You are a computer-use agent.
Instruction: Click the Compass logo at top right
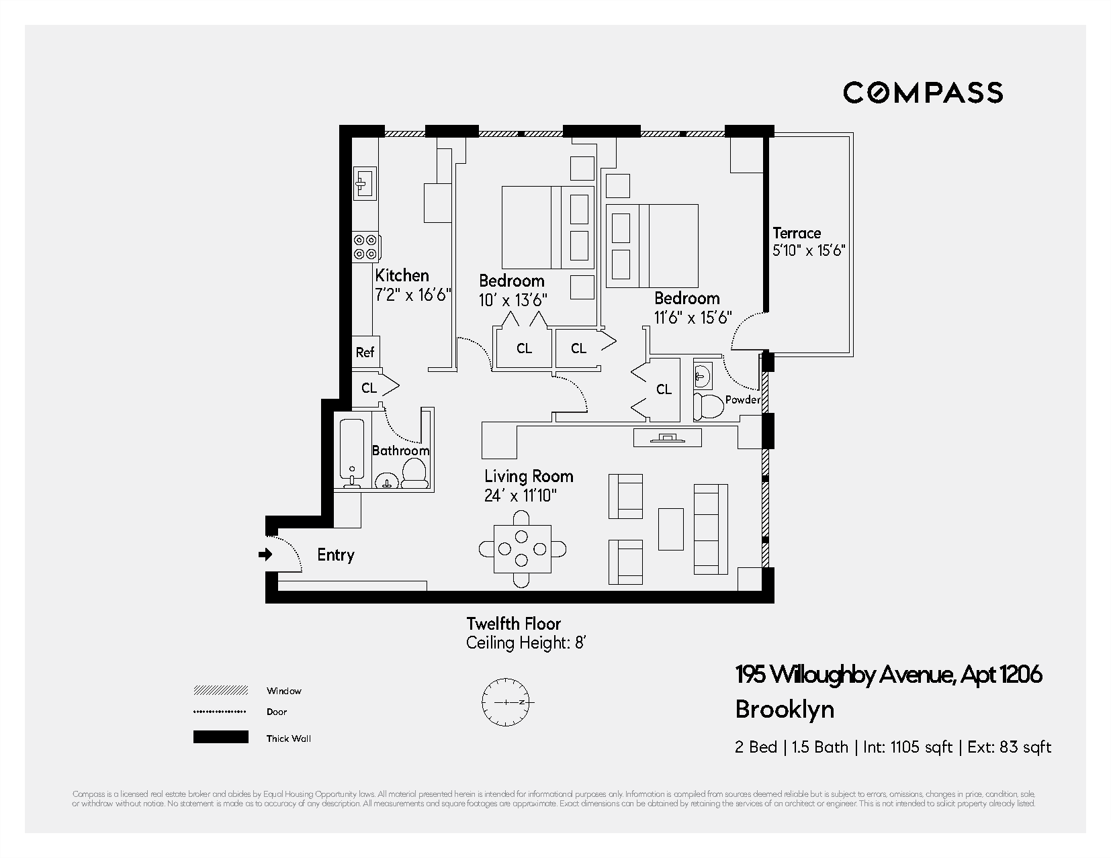923,93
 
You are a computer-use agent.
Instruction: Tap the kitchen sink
365,182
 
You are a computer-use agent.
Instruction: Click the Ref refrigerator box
365,352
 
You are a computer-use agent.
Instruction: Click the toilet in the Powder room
707,407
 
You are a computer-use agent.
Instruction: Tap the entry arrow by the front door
266,555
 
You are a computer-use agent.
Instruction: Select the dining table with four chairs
522,549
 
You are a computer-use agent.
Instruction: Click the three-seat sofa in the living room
710,529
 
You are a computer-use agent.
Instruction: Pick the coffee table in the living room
671,529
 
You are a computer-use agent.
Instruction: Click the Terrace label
797,233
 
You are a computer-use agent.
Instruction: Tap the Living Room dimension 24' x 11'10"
521,496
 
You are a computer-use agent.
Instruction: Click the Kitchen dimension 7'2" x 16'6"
412,295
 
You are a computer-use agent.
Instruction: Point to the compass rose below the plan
506,702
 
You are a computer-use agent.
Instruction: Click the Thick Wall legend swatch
220,737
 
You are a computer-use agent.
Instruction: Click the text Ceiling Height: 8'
527,643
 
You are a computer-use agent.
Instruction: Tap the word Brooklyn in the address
785,710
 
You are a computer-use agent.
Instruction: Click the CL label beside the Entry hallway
369,387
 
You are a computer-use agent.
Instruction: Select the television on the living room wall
667,438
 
